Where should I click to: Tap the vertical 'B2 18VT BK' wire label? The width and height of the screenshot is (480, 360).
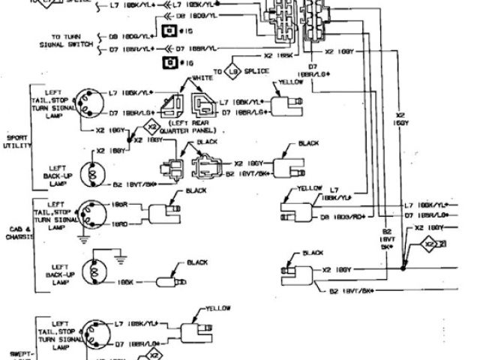(x=388, y=240)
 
